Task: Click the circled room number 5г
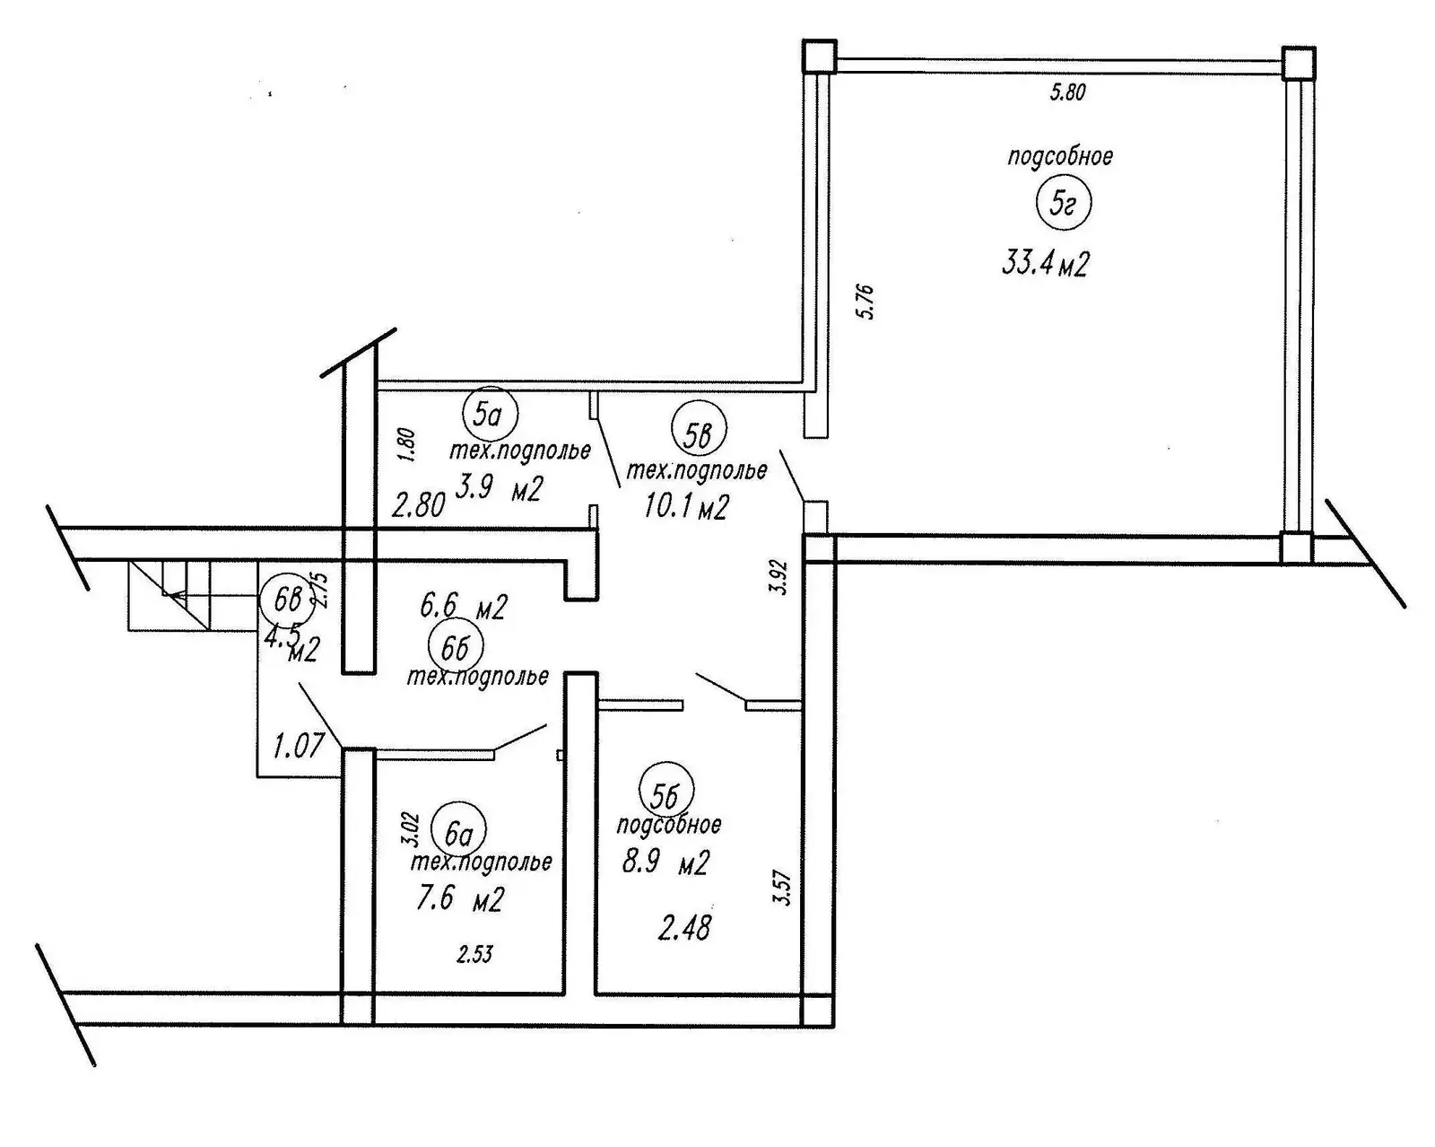pyautogui.click(x=1063, y=204)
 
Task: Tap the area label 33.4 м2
pyautogui.click(x=1045, y=264)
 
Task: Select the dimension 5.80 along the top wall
pyautogui.click(x=1067, y=92)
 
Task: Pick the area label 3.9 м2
pyautogui.click(x=500, y=488)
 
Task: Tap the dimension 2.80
pyautogui.click(x=418, y=505)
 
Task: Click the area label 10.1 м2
pyautogui.click(x=686, y=507)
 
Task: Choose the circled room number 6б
pyautogui.click(x=456, y=645)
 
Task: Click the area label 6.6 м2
pyautogui.click(x=463, y=608)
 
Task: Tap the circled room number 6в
pyautogui.click(x=287, y=601)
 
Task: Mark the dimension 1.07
pyautogui.click(x=296, y=746)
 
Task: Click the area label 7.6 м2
pyautogui.click(x=460, y=898)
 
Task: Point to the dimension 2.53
pyautogui.click(x=474, y=954)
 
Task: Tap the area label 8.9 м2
pyautogui.click(x=665, y=862)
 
